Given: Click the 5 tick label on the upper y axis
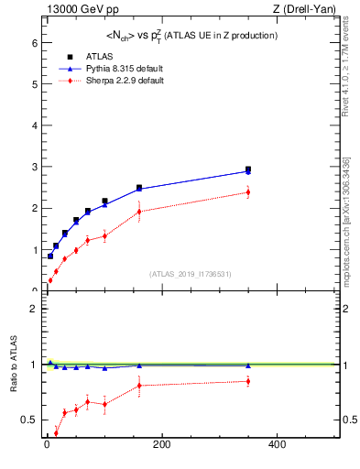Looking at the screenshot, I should coord(33,84).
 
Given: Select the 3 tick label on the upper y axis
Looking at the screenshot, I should coord(33,167).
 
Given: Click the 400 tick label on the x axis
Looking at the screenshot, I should coord(276,445).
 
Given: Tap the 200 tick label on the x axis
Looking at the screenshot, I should coord(161,445).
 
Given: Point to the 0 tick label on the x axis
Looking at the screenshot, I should coord(47,445).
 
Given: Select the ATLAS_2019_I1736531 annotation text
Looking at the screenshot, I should coord(189,274).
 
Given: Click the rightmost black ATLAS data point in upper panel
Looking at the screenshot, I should coord(247,169).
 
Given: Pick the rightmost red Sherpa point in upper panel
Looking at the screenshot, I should coord(247,192).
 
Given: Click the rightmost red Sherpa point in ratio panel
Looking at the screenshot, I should coord(247,381).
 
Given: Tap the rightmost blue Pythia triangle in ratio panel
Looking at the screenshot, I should coord(247,365).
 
